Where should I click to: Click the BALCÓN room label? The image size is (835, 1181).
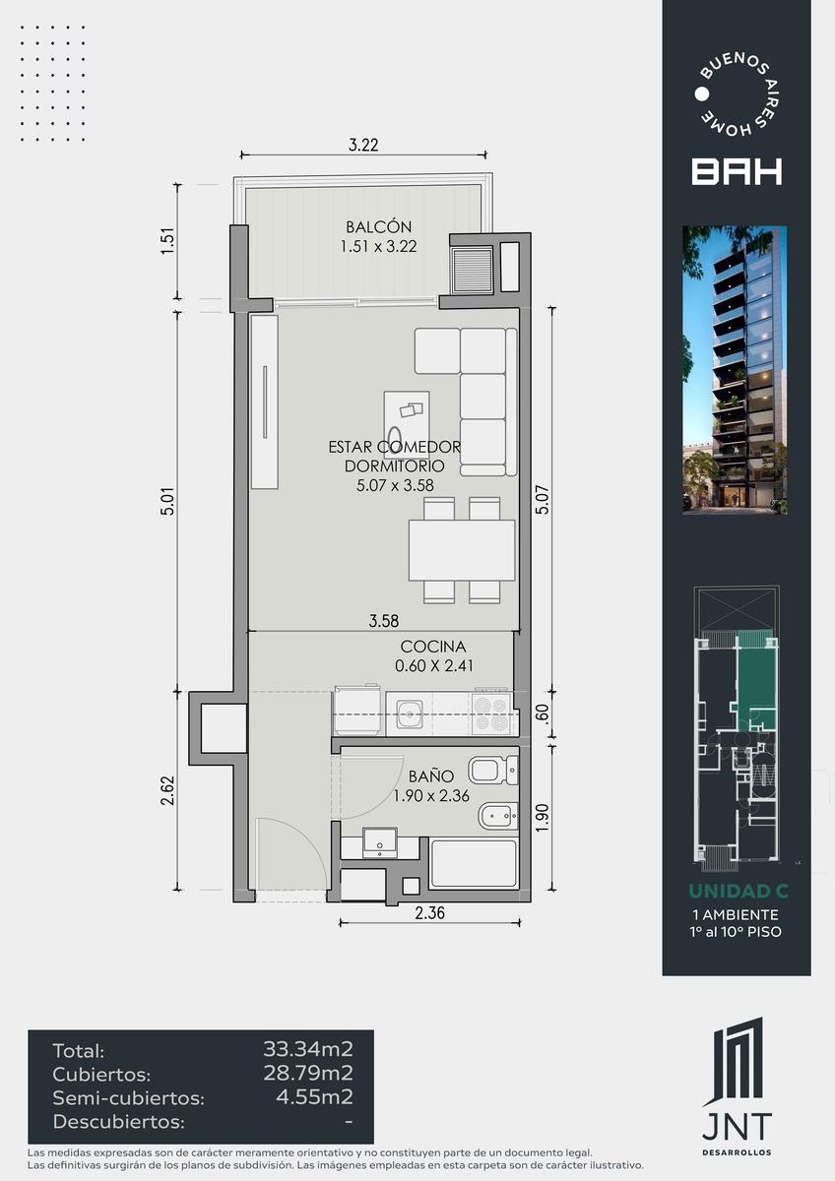point(378,227)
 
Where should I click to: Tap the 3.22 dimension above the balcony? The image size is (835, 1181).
point(363,145)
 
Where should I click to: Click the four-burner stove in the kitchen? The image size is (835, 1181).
point(491,715)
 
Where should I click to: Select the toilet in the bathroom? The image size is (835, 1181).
point(493,771)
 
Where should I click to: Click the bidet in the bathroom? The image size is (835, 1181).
point(498,816)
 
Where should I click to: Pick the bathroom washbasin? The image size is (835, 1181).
point(379,842)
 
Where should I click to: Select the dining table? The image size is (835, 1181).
point(462,550)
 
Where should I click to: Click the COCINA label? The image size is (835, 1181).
point(433,647)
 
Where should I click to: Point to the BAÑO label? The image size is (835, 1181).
point(431,777)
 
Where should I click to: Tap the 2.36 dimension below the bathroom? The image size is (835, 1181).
point(429,912)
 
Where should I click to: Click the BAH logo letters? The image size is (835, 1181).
point(737,171)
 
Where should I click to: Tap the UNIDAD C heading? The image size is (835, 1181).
point(738,891)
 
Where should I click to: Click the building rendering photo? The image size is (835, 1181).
point(735,370)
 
